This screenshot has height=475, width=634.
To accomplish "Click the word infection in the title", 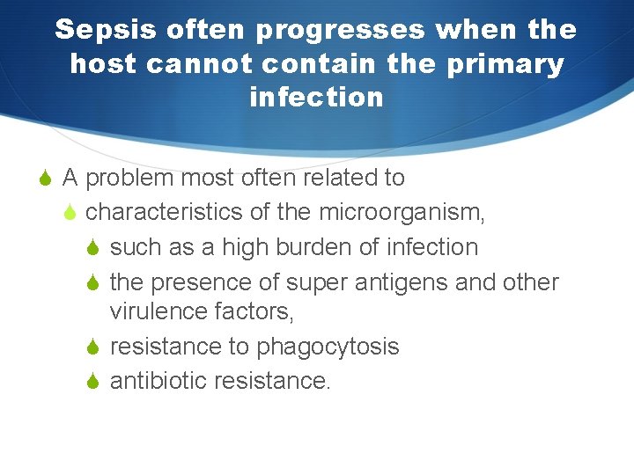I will click(x=317, y=97).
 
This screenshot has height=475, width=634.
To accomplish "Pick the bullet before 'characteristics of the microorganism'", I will click(x=72, y=213).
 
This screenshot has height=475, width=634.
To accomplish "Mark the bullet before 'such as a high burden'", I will click(x=96, y=247).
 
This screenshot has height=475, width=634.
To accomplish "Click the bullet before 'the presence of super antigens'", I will click(x=96, y=282).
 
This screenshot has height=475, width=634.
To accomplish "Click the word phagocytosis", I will click(x=328, y=347).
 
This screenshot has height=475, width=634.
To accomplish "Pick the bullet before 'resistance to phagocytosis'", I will click(x=96, y=347).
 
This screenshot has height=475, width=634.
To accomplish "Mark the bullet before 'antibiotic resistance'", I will click(x=96, y=382).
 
